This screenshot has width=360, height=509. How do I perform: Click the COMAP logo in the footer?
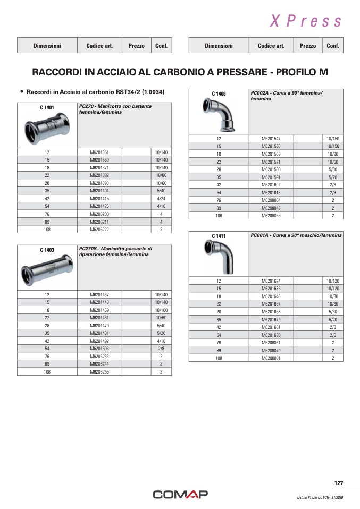pyautogui.click(x=180, y=495)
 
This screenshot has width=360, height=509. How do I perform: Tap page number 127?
pyautogui.click(x=338, y=483)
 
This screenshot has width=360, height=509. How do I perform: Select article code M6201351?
pyautogui.click(x=99, y=152)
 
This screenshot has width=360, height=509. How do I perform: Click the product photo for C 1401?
pyautogui.click(x=47, y=128)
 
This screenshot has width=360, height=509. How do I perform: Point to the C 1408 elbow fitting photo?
pyautogui.click(x=219, y=114)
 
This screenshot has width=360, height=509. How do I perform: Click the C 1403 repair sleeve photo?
pyautogui.click(x=47, y=270)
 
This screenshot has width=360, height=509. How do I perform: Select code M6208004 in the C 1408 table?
pyautogui.click(x=271, y=200)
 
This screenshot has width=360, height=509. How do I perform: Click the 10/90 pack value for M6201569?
pyautogui.click(x=333, y=154)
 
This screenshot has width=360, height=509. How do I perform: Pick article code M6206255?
pyautogui.click(x=99, y=372)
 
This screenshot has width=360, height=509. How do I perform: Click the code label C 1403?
pyautogui.click(x=47, y=250)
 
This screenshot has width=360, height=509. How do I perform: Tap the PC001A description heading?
pyautogui.click(x=296, y=235)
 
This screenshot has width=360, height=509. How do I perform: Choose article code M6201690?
pyautogui.click(x=271, y=335)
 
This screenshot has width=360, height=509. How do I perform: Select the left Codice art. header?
pyautogui.click(x=99, y=46)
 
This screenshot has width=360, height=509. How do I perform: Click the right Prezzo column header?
pyautogui.click(x=307, y=46)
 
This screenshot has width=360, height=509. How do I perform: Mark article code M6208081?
pyautogui.click(x=271, y=358)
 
